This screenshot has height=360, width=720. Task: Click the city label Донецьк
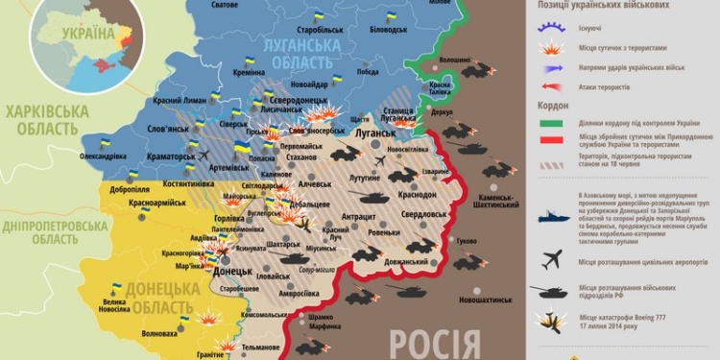coord(234,272)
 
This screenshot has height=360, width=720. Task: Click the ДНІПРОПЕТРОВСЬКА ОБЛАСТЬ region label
coord(54,233)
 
